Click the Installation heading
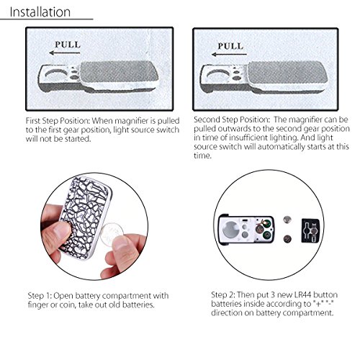[x=40, y=12]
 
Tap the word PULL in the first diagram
[x=68, y=45]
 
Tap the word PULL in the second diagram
[x=230, y=46]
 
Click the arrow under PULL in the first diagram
[x=65, y=53]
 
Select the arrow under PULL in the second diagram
[x=229, y=55]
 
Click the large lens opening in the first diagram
[x=55, y=75]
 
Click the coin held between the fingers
[x=112, y=234]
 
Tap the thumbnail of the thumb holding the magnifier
[x=60, y=230]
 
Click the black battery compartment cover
[x=310, y=230]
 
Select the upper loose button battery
[x=287, y=220]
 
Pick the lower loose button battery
[x=287, y=238]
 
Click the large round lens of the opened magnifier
[x=230, y=230]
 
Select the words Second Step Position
[x=232, y=120]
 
